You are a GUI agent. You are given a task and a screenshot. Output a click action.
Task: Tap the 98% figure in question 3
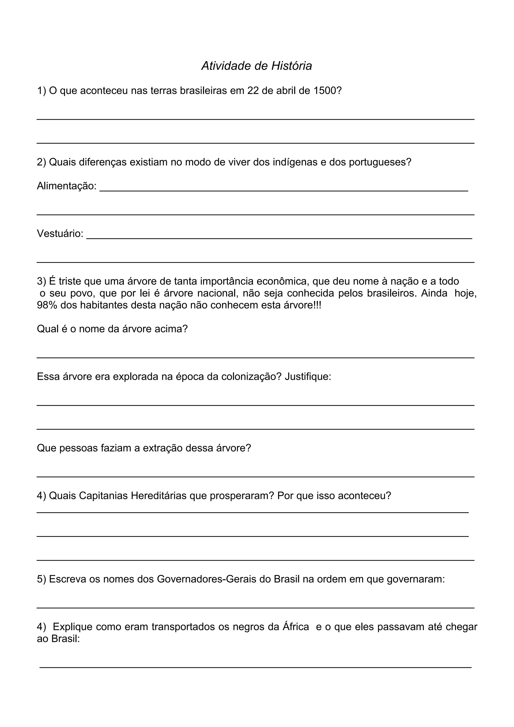click(47, 305)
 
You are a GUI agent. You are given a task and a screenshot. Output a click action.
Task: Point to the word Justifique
click(308, 377)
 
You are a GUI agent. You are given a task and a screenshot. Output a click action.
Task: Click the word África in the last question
click(296, 627)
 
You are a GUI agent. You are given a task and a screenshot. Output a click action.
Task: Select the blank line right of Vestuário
click(279, 238)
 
